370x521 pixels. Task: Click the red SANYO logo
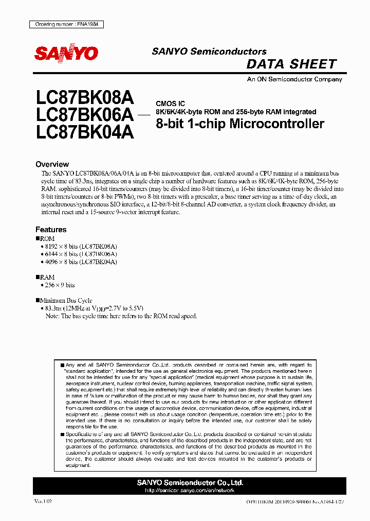pyautogui.click(x=66, y=53)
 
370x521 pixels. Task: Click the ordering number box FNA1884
pyautogui.click(x=64, y=24)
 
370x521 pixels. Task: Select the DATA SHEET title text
pyautogui.click(x=291, y=64)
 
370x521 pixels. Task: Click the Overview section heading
pyautogui.click(x=52, y=164)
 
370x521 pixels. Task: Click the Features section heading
pyautogui.click(x=51, y=230)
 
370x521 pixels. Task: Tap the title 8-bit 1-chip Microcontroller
pyautogui.click(x=239, y=124)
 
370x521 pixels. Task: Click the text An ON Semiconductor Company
pyautogui.click(x=294, y=79)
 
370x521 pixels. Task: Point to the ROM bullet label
pyautogui.click(x=47, y=239)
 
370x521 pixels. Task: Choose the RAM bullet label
pyautogui.click(x=47, y=277)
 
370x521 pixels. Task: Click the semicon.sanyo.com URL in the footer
pyautogui.click(x=190, y=491)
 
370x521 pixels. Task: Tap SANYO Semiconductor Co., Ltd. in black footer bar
pyautogui.click(x=190, y=483)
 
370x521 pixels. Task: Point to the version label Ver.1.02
pyautogui.click(x=43, y=501)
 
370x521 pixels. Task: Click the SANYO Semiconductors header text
pyautogui.click(x=209, y=51)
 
